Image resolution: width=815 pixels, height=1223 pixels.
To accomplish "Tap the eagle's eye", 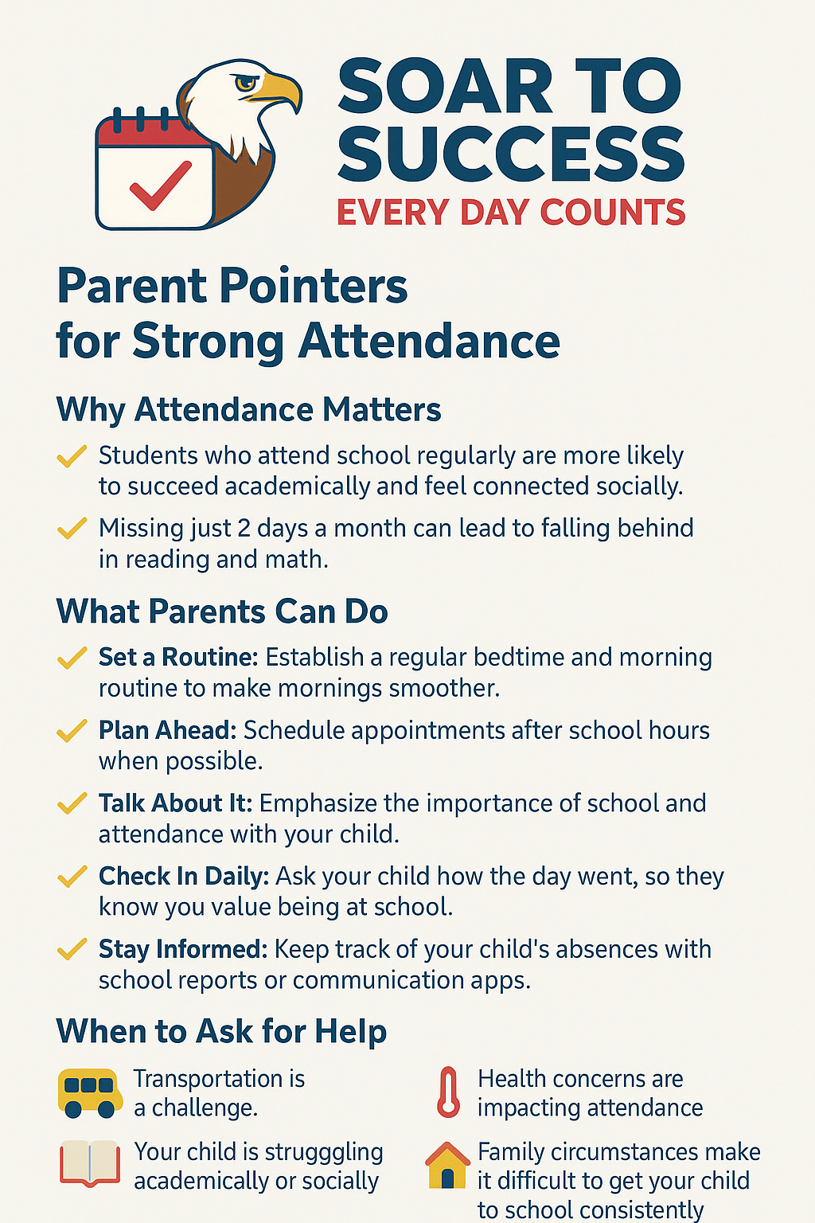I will tap(244, 82).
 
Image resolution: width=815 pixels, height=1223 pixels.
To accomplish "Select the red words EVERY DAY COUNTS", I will tap(510, 213).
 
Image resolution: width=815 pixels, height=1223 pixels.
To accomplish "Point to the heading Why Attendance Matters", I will tap(248, 410).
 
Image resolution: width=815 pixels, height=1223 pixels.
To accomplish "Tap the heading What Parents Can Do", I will tap(222, 611).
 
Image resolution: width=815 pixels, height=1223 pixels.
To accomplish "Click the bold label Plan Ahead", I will tap(167, 730).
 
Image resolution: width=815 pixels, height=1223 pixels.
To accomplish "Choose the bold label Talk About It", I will tap(175, 803).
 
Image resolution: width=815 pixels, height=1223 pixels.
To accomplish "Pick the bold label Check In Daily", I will tap(184, 877).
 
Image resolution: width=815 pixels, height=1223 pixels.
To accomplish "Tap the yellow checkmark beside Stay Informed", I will tap(72, 949).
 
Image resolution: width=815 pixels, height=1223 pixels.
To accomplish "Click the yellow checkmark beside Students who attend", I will tap(72, 456).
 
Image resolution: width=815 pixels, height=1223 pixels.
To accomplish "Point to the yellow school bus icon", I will tap(90, 1093).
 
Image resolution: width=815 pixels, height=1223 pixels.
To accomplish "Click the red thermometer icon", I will tap(449, 1092).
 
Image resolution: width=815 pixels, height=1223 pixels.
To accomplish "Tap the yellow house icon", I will tap(448, 1166).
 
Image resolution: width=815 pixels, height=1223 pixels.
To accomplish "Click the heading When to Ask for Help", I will tap(221, 1031).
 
